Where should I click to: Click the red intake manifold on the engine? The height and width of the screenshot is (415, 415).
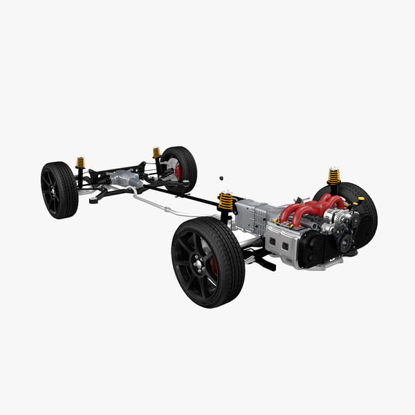tap(308, 207)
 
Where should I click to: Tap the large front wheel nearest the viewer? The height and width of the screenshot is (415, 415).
tap(207, 262)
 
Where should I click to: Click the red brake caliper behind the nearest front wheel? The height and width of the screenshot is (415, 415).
tap(214, 266)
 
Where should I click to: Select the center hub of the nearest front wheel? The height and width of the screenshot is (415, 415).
tap(200, 264)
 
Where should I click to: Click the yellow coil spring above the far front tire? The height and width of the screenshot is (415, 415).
tap(334, 176)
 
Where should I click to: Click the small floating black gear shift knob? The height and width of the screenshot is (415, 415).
tap(221, 178)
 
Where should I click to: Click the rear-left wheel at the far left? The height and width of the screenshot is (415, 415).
tap(59, 190)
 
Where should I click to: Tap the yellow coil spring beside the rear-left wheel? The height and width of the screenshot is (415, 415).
tap(80, 163)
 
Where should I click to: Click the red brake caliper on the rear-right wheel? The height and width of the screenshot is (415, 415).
tap(178, 172)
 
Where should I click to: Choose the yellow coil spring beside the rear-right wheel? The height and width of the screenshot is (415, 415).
tap(156, 152)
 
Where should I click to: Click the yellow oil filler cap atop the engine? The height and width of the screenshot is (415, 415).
tap(360, 201)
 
